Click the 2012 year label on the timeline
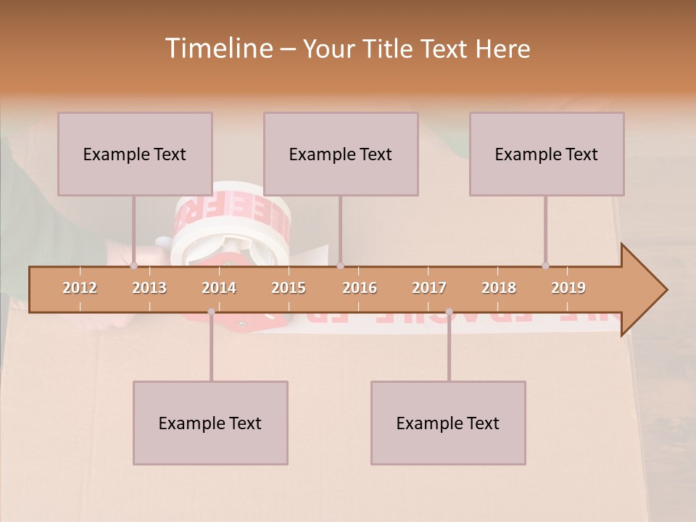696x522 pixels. click(x=80, y=288)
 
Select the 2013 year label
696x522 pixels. click(x=149, y=288)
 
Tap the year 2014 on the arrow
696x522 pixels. click(x=219, y=288)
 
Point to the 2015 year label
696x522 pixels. click(x=289, y=288)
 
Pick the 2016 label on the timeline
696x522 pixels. click(x=360, y=288)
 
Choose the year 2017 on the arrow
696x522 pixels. click(x=429, y=288)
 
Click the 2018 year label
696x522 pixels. click(x=499, y=288)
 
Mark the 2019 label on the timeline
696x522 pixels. click(x=568, y=288)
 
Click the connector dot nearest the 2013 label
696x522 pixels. click(x=133, y=266)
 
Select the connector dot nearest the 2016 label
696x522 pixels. click(x=340, y=266)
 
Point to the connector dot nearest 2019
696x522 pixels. click(x=545, y=266)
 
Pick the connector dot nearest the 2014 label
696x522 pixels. click(x=211, y=312)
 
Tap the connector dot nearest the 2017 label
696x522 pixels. click(x=449, y=312)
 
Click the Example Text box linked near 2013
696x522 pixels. click(x=135, y=154)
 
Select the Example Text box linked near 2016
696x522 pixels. click(x=341, y=154)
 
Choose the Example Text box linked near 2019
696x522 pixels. click(x=547, y=154)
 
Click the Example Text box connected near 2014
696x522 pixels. click(x=210, y=423)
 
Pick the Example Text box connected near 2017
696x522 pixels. click(x=448, y=423)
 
